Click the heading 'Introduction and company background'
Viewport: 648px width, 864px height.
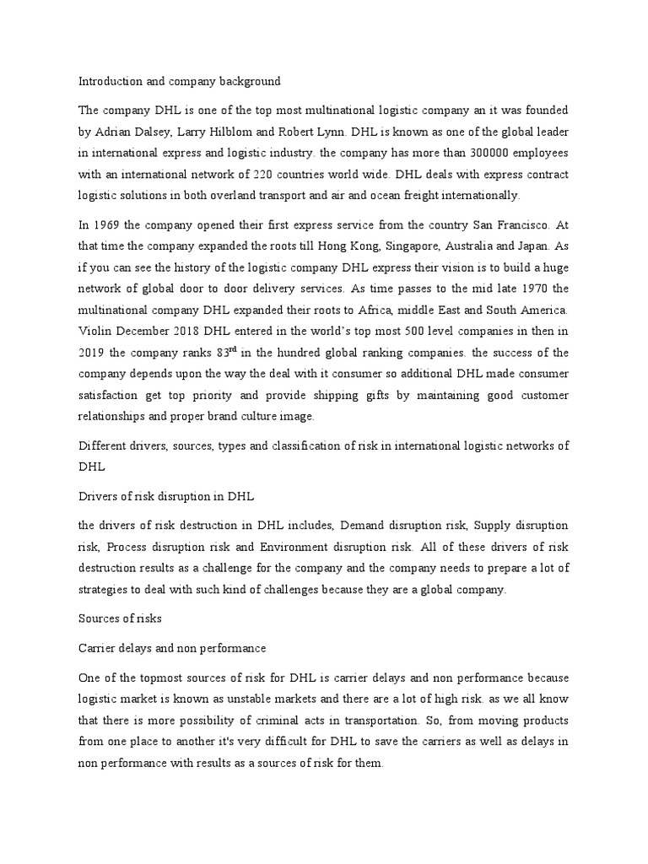pos(179,82)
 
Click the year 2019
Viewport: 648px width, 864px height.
pos(94,353)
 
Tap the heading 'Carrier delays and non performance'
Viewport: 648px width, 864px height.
pos(171,648)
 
